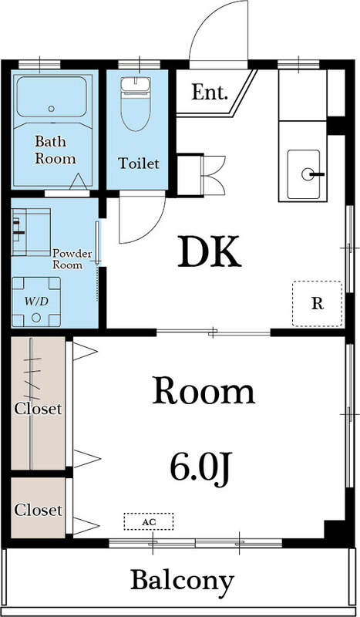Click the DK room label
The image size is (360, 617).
[210, 252]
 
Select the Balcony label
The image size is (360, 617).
[182, 582]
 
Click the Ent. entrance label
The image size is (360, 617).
[210, 93]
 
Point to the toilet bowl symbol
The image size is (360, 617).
[136, 103]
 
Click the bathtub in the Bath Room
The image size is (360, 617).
[51, 97]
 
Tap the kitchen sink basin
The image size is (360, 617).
[304, 174]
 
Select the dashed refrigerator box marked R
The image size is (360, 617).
[317, 303]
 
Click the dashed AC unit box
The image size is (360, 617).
[148, 522]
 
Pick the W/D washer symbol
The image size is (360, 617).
[36, 302]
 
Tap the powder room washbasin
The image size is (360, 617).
[32, 232]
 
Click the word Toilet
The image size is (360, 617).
[139, 164]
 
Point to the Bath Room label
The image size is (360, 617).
[55, 150]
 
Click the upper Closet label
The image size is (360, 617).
[38, 409]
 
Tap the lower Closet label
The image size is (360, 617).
[38, 511]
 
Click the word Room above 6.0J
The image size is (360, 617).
[204, 391]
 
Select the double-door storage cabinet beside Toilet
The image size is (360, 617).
[189, 175]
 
